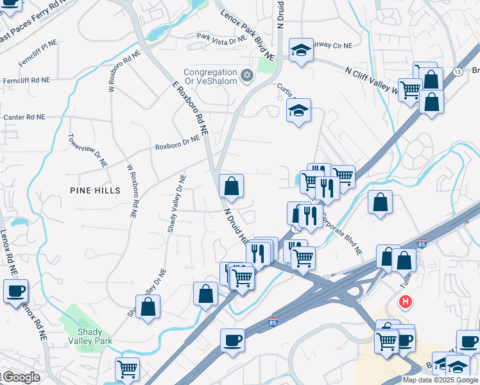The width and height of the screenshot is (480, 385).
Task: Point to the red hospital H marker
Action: (406, 301)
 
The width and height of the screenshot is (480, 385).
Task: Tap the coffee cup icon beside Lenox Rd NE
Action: (15, 291)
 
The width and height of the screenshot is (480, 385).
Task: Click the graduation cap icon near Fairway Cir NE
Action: (300, 49)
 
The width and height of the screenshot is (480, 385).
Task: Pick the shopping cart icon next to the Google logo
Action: (128, 369)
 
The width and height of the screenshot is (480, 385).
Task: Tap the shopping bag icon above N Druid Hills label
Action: (231, 186)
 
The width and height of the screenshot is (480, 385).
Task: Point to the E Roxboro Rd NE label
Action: (191, 107)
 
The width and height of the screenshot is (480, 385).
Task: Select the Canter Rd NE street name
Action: (24, 117)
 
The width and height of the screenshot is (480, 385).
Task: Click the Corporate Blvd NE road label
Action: (342, 234)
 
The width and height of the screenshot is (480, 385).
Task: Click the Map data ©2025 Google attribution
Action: (440, 380)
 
